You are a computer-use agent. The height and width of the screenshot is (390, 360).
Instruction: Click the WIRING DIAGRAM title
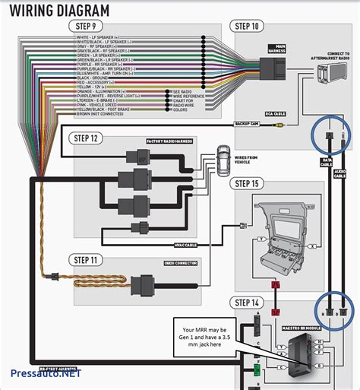(57, 11)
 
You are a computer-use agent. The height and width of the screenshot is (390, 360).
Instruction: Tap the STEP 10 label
(248, 27)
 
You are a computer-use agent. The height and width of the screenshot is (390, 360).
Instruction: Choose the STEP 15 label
(248, 183)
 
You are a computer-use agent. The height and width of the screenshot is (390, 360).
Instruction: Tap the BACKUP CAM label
(246, 122)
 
